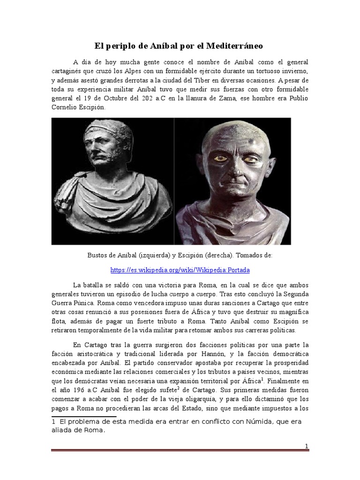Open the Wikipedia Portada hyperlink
click(x=180, y=270)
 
